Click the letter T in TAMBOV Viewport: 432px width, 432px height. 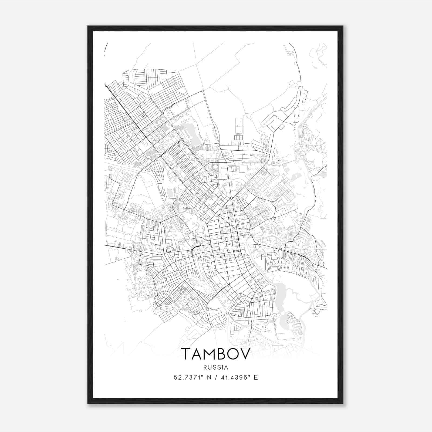point(186,354)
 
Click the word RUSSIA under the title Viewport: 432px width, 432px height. point(216,367)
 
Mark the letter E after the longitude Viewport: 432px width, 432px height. point(256,377)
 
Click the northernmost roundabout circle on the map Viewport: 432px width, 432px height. point(202,91)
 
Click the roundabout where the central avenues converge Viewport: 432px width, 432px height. point(231,198)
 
